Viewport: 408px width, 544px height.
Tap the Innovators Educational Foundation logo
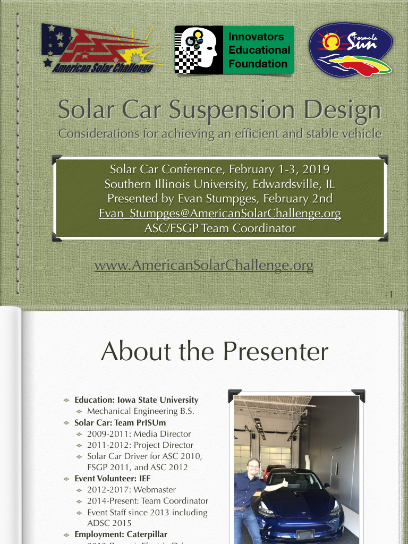pyautogui.click(x=234, y=50)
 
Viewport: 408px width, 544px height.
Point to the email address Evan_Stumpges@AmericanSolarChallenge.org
pyautogui.click(x=219, y=214)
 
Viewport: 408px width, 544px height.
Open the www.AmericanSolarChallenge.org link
pyautogui.click(x=204, y=265)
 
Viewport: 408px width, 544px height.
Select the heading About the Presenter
pyautogui.click(x=215, y=352)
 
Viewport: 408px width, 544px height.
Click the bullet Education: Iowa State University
pyautogui.click(x=136, y=400)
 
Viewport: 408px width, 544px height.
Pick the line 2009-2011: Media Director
pyautogui.click(x=139, y=434)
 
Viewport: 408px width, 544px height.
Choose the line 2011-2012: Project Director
pyautogui.click(x=140, y=445)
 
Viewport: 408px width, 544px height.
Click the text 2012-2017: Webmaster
pyautogui.click(x=131, y=490)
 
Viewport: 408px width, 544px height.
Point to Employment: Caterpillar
pyautogui.click(x=121, y=534)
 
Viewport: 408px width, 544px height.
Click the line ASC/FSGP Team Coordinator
pyautogui.click(x=219, y=229)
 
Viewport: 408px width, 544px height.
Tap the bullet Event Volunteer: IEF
pyautogui.click(x=112, y=479)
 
